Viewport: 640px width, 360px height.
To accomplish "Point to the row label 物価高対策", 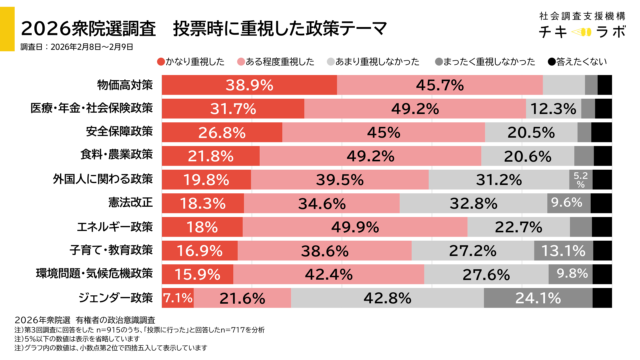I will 124,84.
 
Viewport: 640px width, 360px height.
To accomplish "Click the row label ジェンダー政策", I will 117,297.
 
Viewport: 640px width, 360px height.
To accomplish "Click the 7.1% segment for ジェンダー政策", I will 177,297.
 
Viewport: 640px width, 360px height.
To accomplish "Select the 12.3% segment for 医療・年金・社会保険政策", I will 553,108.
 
